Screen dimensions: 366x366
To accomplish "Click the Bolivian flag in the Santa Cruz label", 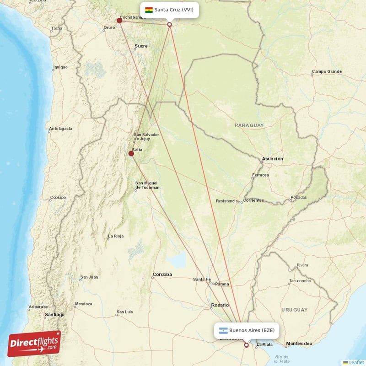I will (149, 10).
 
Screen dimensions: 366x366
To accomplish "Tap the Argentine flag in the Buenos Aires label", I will (223, 330).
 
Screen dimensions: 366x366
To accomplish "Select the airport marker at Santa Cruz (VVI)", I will (170, 25).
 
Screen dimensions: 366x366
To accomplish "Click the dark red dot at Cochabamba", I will (119, 20).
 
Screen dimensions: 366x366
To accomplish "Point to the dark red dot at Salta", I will (131, 154).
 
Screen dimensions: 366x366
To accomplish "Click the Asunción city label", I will (272, 159).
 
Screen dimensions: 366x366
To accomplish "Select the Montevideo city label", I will (299, 344).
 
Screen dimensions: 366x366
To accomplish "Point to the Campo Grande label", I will (327, 72).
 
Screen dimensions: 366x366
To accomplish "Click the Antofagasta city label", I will (60, 129).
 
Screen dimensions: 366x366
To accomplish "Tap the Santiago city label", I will (55, 315).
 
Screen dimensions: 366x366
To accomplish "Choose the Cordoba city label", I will (162, 274).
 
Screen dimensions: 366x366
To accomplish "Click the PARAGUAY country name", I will (249, 125).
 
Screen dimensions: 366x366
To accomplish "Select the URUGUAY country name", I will (294, 310).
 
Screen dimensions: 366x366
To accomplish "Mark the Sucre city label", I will (141, 46).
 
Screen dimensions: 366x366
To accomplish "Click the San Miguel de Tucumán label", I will (147, 185).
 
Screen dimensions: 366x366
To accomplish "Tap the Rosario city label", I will (220, 305).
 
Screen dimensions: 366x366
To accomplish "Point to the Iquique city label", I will (60, 67).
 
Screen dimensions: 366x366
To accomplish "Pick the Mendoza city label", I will (84, 304).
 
